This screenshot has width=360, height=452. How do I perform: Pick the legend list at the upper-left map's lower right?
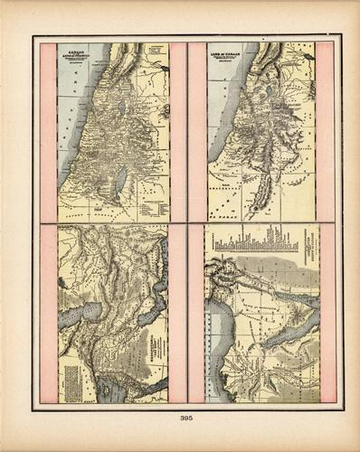pos(149,206)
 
